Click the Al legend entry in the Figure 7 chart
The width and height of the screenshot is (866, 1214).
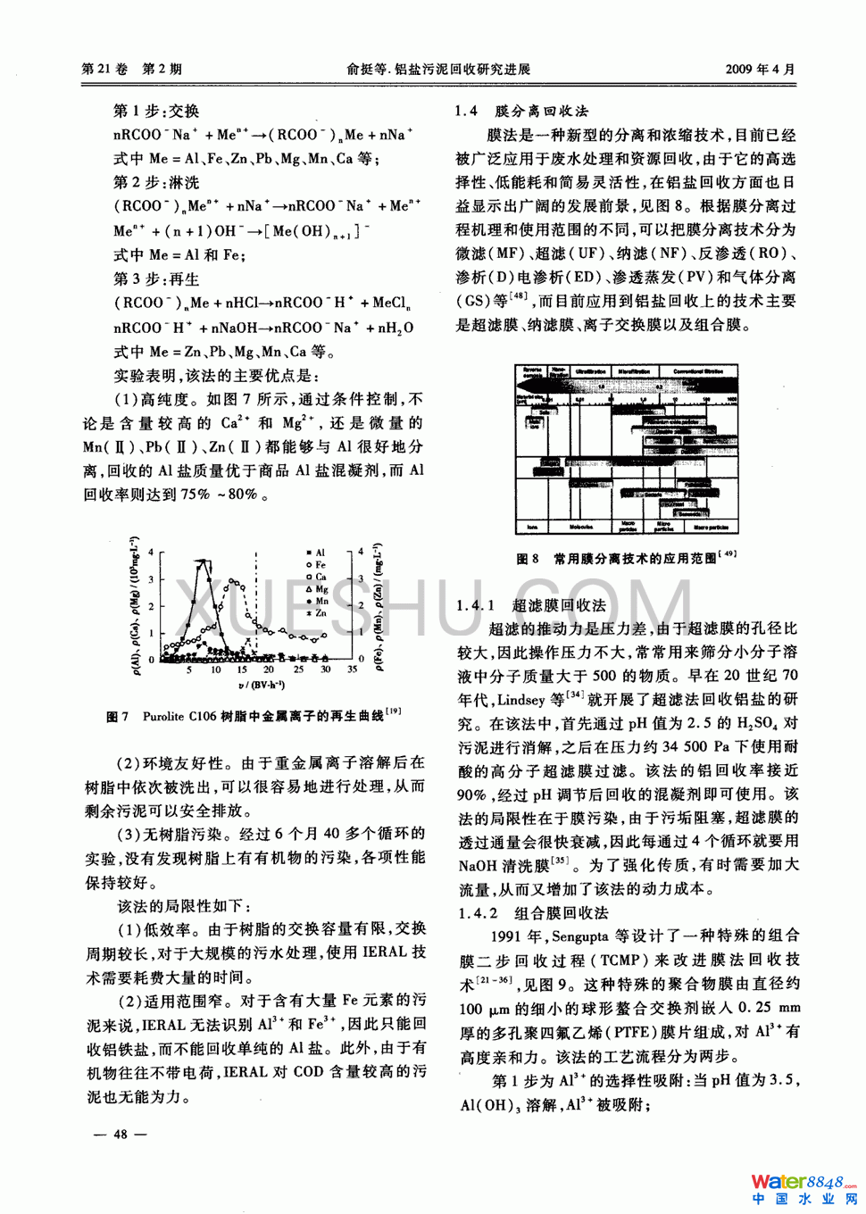315,553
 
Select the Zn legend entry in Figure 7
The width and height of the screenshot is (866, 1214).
315,613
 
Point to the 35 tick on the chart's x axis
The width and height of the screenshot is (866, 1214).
352,669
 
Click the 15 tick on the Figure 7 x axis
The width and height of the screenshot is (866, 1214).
242,669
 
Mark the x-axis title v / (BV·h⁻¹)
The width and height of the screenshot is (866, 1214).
262,685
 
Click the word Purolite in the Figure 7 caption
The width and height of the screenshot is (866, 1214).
163,716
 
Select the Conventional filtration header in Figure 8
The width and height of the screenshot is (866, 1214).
697,370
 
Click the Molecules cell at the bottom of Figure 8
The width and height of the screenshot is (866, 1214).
581,528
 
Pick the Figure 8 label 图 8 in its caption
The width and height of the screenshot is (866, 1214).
528,559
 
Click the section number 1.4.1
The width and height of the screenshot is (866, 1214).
475,605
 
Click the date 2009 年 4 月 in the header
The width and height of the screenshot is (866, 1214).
760,69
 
